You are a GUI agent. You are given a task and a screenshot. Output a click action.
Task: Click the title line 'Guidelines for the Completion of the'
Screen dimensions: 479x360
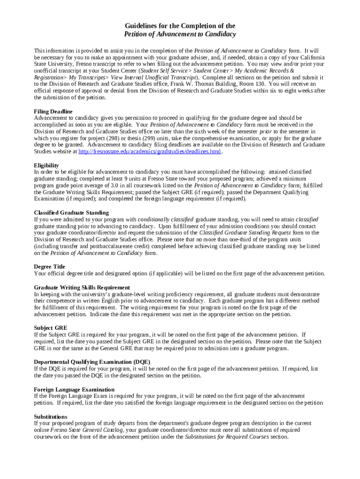coord(180,26)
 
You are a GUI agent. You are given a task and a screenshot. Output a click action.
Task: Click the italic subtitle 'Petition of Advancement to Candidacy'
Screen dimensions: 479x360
coord(180,34)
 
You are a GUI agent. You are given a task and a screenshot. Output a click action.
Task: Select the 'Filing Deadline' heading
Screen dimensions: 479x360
coord(53,111)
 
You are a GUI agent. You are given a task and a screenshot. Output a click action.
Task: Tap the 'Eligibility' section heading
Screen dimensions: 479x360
coord(46,165)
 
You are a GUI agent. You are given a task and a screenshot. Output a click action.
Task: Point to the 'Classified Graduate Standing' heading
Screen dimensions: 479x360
coord(71,212)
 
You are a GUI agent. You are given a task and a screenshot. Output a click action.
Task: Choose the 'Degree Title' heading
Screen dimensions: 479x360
coord(50,267)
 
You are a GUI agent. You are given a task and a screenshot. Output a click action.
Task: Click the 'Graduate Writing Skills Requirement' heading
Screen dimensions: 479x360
coord(82,287)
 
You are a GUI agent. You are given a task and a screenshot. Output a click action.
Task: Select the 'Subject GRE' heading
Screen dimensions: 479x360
coord(50,328)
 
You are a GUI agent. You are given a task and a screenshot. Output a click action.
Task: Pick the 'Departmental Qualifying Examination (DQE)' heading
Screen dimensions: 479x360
coord(92,362)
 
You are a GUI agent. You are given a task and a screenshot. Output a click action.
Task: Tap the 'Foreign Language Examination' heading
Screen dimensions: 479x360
coord(74,389)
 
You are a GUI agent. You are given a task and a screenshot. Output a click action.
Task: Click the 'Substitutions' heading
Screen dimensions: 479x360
coord(50,416)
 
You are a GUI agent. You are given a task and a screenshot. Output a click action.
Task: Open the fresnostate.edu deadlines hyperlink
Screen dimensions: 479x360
coord(150,152)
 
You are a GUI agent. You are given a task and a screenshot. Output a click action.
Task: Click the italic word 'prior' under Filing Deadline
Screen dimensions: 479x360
coord(265,131)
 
